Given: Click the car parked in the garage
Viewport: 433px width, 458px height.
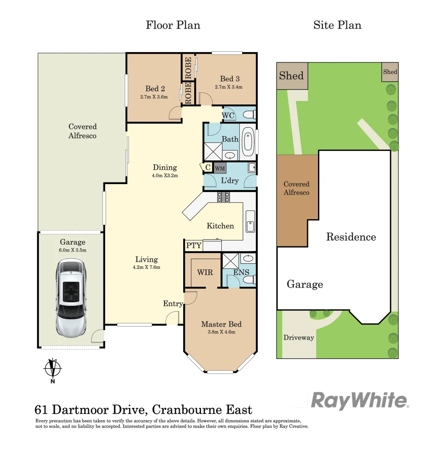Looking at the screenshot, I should coord(71,299).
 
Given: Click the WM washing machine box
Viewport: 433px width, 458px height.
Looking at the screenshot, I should coord(220,168).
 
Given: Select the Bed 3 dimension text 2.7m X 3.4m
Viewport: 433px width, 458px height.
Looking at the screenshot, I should coord(229,87).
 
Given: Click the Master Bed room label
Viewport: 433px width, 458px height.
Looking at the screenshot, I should coord(221,324).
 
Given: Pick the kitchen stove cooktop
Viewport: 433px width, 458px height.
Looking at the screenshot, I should coord(223,197).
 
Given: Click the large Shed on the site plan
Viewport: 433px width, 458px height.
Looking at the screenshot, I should coord(292,76).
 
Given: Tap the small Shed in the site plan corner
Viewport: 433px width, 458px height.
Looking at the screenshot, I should coord(390,72).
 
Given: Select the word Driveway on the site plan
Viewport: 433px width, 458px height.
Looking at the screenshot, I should coord(299,338).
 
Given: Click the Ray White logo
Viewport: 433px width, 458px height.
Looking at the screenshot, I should coord(360,400).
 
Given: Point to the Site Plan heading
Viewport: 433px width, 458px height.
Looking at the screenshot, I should coord(337,25).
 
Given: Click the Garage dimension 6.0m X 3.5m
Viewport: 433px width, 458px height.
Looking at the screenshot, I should coord(73,250).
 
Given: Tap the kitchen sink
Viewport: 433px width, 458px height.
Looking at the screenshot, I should coord(250,221).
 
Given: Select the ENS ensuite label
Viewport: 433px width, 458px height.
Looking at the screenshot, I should coord(241,272).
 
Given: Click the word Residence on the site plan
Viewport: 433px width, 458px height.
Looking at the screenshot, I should coord(351,237).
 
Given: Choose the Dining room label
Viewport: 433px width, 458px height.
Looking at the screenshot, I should coord(165,168).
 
